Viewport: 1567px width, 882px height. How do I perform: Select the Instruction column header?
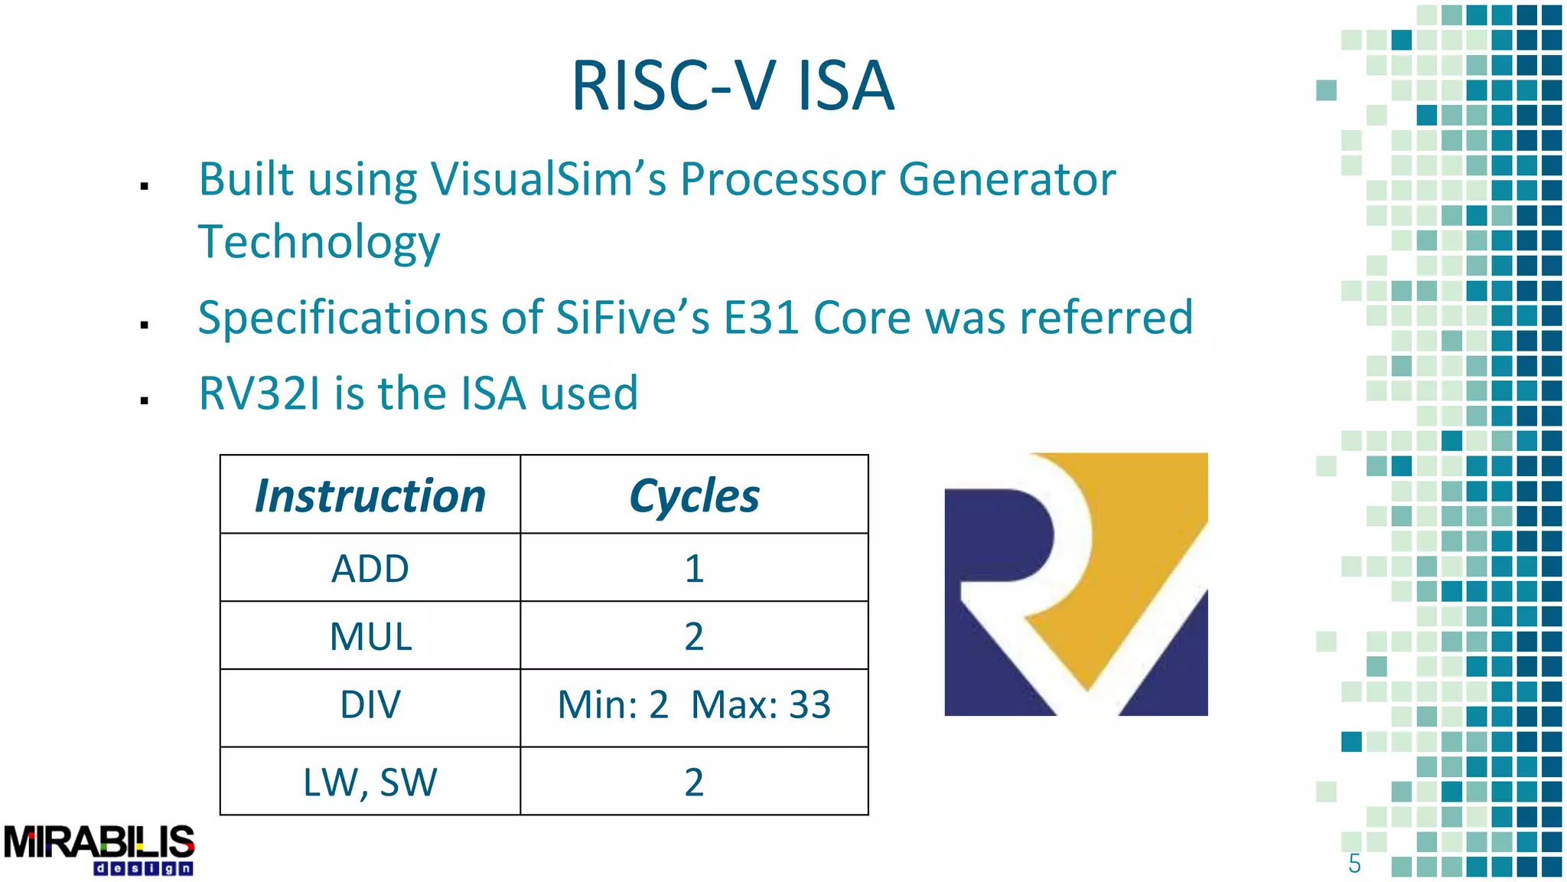[370, 495]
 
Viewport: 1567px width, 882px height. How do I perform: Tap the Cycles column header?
[694, 495]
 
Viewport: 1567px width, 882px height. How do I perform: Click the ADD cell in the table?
[370, 568]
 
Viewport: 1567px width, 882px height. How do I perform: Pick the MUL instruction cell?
[370, 636]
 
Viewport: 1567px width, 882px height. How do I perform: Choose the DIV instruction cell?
[370, 705]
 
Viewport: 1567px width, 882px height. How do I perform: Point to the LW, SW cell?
[370, 782]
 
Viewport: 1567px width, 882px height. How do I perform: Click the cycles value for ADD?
[694, 568]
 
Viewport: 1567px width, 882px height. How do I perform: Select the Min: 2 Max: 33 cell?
[694, 705]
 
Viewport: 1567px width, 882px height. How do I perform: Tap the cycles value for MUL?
[694, 636]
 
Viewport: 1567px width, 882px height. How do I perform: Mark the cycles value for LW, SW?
[694, 782]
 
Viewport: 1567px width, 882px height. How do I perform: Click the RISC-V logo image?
[1076, 584]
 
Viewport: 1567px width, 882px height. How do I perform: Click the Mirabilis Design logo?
[99, 848]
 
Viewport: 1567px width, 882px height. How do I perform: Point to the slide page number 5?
[1354, 864]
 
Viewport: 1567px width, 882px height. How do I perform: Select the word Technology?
[319, 243]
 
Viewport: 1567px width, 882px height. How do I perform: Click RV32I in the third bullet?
[259, 394]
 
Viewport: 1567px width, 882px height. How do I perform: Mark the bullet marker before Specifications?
[144, 325]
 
